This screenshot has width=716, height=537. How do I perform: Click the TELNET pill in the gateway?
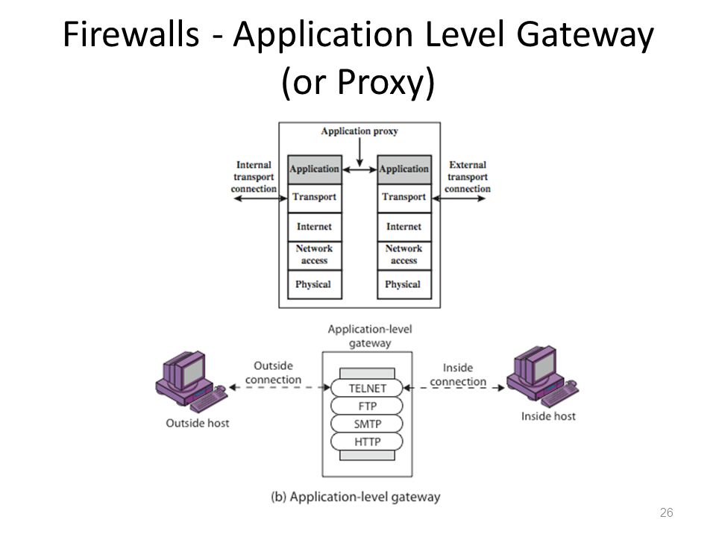click(x=367, y=388)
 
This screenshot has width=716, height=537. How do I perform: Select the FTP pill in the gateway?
click(x=367, y=406)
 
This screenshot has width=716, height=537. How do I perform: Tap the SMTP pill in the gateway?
click(x=367, y=424)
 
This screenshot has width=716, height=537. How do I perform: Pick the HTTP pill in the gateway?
click(x=367, y=442)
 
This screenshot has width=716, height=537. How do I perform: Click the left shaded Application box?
click(x=315, y=169)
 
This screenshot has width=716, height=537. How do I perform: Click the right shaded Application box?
click(x=404, y=169)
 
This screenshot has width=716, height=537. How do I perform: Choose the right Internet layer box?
click(x=404, y=227)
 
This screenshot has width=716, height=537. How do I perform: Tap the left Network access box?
click(x=315, y=256)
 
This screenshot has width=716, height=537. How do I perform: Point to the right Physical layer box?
click(x=404, y=284)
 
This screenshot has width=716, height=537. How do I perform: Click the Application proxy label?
click(x=359, y=131)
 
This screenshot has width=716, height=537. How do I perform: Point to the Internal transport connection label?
click(x=254, y=177)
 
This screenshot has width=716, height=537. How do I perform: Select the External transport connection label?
click(x=468, y=177)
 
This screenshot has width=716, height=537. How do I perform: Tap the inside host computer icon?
click(x=542, y=376)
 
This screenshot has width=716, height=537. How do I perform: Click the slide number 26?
click(x=666, y=512)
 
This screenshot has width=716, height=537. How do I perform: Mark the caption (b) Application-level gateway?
click(x=356, y=497)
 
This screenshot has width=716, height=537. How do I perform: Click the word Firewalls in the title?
click(x=131, y=34)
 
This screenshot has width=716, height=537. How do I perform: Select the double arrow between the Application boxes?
click(x=359, y=170)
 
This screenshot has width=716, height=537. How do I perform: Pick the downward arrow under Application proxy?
click(x=359, y=152)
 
